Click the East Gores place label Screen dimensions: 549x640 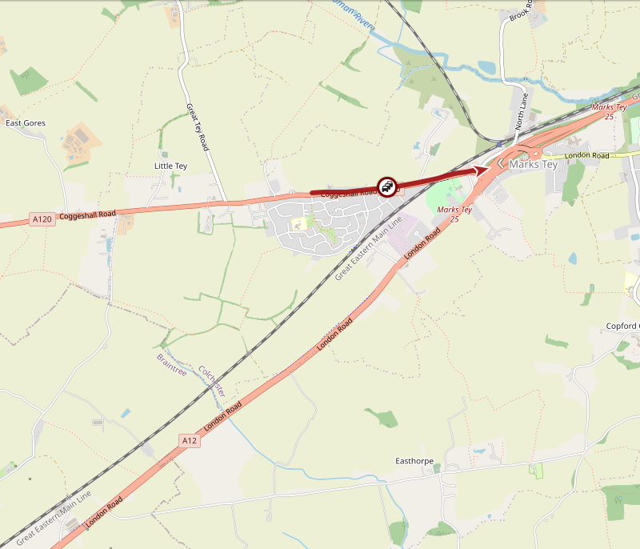click(x=26, y=123)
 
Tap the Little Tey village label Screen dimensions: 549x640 click(x=170, y=166)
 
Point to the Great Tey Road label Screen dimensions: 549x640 click(x=198, y=127)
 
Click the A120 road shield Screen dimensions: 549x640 click(x=42, y=218)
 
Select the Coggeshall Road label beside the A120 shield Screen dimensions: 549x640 click(x=87, y=214)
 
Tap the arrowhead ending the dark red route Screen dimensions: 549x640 click(x=482, y=169)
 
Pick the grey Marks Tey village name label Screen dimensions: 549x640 click(x=533, y=164)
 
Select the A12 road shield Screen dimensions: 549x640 click(x=189, y=440)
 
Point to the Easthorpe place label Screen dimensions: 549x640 click(x=415, y=461)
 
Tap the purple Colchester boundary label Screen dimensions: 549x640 click(x=212, y=382)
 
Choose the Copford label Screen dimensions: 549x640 click(x=622, y=326)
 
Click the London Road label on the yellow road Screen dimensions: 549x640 click(x=586, y=155)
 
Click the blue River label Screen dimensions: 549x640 click(x=359, y=19)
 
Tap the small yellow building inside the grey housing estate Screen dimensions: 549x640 click(x=299, y=224)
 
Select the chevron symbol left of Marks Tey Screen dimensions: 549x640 click(x=499, y=164)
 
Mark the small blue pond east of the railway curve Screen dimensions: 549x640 click(x=485, y=68)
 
